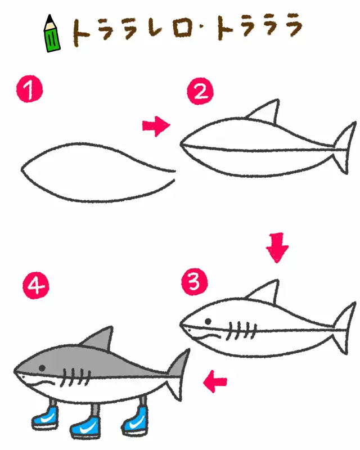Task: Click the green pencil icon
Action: [x=52, y=34]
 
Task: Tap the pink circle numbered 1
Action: [x=29, y=89]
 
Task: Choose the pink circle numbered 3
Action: [x=195, y=282]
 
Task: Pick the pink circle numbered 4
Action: [x=36, y=286]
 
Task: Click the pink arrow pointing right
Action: [x=156, y=126]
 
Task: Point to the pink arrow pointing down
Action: [x=277, y=247]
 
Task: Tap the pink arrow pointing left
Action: [x=215, y=382]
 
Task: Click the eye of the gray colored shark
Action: [x=42, y=368]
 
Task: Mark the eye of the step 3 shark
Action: [x=208, y=321]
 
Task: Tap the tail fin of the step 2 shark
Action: [x=344, y=147]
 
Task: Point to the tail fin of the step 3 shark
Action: [x=344, y=328]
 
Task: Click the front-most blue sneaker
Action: [x=45, y=418]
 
